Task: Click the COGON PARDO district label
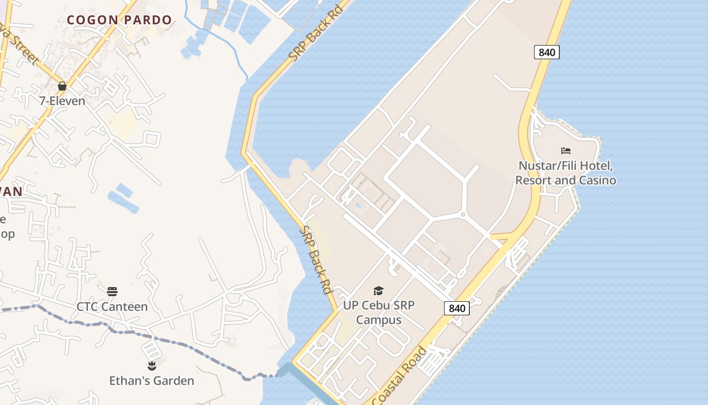119,20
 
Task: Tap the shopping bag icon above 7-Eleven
62,86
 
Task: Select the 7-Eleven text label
62,101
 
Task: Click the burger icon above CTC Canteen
112,292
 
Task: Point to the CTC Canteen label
112,307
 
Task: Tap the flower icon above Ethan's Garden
152,366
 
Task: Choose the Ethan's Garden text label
152,381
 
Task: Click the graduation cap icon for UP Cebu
378,291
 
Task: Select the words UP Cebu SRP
378,305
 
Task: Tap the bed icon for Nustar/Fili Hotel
566,151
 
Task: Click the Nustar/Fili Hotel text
565,166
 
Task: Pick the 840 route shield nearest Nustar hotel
547,52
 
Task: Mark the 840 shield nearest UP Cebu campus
457,308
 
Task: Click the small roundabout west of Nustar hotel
463,215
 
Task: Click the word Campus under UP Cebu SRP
378,320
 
